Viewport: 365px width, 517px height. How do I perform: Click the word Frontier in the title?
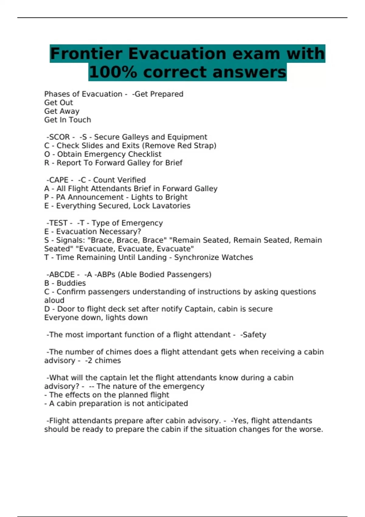[86, 54]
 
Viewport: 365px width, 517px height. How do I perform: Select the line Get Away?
[62, 111]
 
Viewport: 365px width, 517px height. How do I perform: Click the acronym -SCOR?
[58, 137]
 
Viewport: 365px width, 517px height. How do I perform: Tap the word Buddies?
[71, 283]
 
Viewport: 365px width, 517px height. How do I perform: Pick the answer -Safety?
[253, 335]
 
